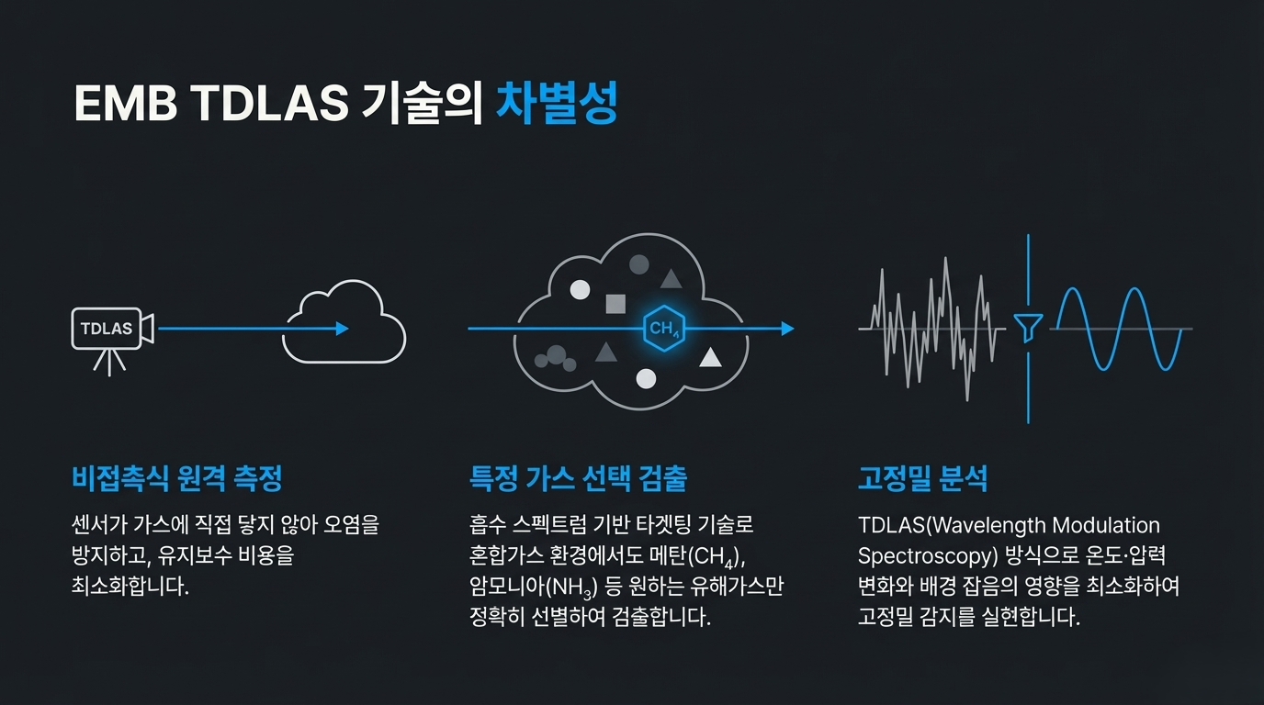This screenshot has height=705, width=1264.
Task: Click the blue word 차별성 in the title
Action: [x=556, y=105]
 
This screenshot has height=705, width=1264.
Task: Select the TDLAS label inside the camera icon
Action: [x=107, y=329]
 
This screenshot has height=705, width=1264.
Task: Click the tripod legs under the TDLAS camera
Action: [x=110, y=363]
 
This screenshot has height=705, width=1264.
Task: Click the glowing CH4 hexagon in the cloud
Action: [x=663, y=329]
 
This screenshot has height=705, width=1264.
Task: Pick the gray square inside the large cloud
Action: [x=615, y=304]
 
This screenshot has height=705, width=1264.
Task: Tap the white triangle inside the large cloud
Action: [x=710, y=357]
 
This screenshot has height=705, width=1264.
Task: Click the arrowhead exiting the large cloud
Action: [x=786, y=329]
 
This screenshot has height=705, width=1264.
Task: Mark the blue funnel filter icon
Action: [x=1027, y=328]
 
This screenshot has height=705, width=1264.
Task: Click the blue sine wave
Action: [x=1116, y=329]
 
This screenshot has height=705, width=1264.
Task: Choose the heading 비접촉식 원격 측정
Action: [x=176, y=478]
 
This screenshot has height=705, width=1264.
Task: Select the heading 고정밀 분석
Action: [x=922, y=478]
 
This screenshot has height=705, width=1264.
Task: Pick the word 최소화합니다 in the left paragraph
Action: [x=130, y=587]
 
